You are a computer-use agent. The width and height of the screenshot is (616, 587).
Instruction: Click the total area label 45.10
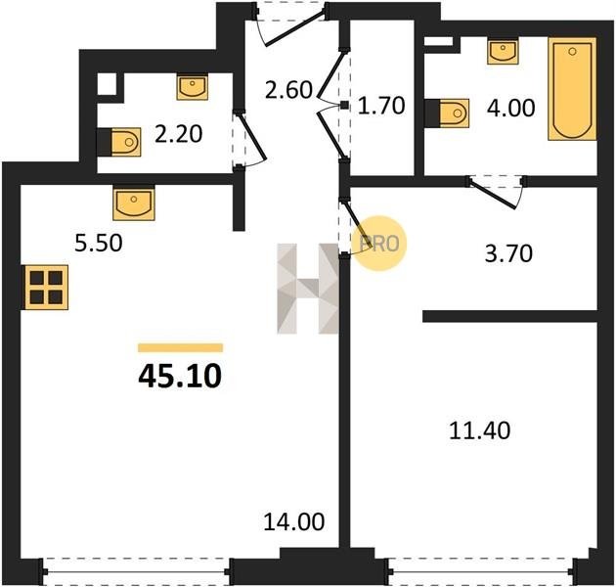tap(180, 376)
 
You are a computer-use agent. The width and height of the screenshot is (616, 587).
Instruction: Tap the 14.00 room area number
tap(294, 521)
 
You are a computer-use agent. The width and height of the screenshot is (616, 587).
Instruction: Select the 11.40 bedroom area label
tap(480, 430)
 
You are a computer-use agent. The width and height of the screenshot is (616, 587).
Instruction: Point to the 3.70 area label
tap(508, 253)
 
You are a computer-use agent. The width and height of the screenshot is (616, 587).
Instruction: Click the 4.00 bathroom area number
tap(510, 108)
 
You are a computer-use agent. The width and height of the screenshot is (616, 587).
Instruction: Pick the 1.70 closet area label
tap(381, 106)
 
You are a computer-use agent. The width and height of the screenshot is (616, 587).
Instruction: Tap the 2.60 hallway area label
tap(288, 90)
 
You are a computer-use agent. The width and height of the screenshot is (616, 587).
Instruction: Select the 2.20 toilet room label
tap(178, 134)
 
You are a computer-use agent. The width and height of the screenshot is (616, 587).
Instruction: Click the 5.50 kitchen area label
tap(99, 243)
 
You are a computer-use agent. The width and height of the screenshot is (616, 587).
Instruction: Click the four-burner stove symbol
tap(46, 287)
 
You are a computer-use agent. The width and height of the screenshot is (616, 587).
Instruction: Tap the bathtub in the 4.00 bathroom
tap(573, 89)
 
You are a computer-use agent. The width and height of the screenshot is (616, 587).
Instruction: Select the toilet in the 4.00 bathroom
tap(448, 113)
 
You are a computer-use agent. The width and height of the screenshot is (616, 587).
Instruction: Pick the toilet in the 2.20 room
tap(118, 142)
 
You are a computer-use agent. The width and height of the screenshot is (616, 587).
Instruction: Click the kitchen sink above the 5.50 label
tap(134, 203)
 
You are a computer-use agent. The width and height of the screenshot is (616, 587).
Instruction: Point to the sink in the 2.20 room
tap(192, 87)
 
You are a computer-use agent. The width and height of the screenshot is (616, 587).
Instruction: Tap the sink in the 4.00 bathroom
tap(504, 51)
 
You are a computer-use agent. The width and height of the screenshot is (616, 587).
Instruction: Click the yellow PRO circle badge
tap(380, 243)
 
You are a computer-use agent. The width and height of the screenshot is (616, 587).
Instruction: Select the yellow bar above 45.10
tap(180, 347)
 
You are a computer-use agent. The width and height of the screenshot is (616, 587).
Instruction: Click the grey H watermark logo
tap(308, 289)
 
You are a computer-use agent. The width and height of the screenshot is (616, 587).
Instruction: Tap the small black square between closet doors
tap(344, 105)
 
